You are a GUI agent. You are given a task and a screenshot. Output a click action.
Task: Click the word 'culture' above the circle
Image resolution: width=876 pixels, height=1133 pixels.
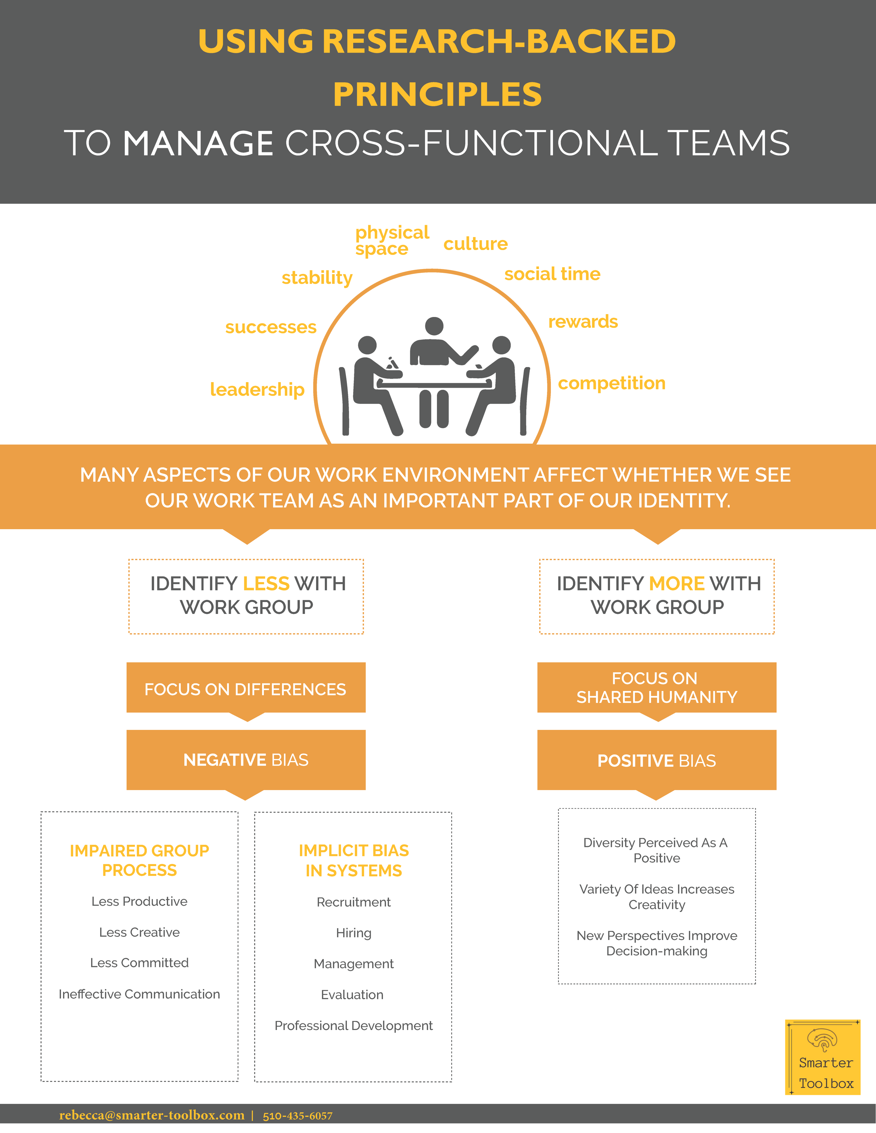tap(475, 244)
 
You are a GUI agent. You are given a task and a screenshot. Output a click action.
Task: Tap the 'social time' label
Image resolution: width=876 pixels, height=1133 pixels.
tap(552, 274)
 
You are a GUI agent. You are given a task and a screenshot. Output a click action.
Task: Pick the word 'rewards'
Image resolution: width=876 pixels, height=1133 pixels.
tap(583, 322)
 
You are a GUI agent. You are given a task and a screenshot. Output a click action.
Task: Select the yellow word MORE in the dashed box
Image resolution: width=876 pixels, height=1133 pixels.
tap(677, 583)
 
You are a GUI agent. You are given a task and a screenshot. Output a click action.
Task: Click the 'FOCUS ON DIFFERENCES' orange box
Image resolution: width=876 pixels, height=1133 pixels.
tap(246, 689)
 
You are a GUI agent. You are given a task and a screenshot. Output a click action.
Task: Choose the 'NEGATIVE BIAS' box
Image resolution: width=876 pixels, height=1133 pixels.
tap(246, 760)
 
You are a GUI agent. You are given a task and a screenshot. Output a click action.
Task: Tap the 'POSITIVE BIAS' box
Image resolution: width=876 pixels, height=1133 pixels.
tap(657, 760)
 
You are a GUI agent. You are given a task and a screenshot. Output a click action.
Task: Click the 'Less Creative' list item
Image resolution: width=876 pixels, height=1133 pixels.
tap(139, 932)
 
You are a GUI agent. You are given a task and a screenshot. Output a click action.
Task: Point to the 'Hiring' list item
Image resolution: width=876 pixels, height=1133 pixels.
tap(354, 933)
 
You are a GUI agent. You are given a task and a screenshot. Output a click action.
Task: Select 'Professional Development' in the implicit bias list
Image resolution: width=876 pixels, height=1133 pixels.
tap(354, 1025)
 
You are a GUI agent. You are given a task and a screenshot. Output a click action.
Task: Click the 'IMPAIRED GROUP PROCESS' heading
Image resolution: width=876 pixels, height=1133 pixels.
tap(139, 860)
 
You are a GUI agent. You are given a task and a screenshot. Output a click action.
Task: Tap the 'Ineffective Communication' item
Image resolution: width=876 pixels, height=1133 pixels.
tap(139, 994)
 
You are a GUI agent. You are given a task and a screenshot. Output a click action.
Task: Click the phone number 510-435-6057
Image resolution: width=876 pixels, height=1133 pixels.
tap(297, 1116)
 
